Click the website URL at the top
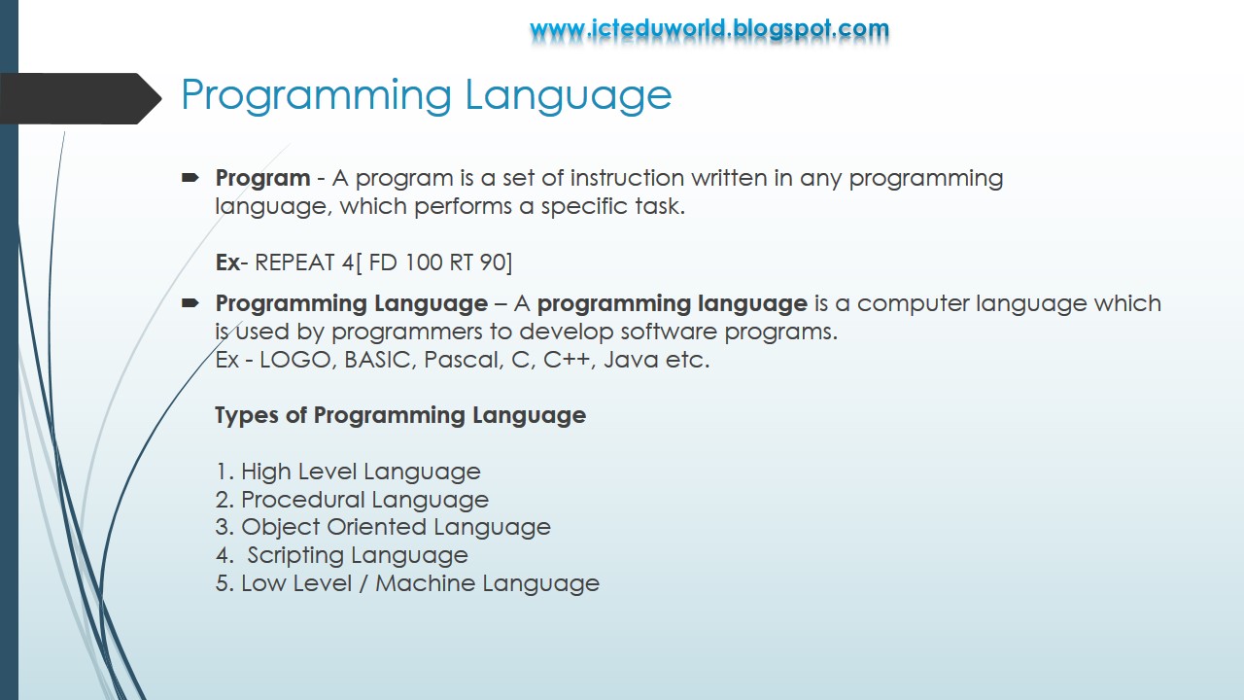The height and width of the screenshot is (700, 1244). [709, 29]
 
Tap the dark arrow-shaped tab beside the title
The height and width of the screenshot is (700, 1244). [78, 98]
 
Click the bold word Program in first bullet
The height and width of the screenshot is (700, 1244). [262, 179]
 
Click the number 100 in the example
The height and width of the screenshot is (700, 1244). [424, 262]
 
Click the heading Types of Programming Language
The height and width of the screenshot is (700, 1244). [400, 415]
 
